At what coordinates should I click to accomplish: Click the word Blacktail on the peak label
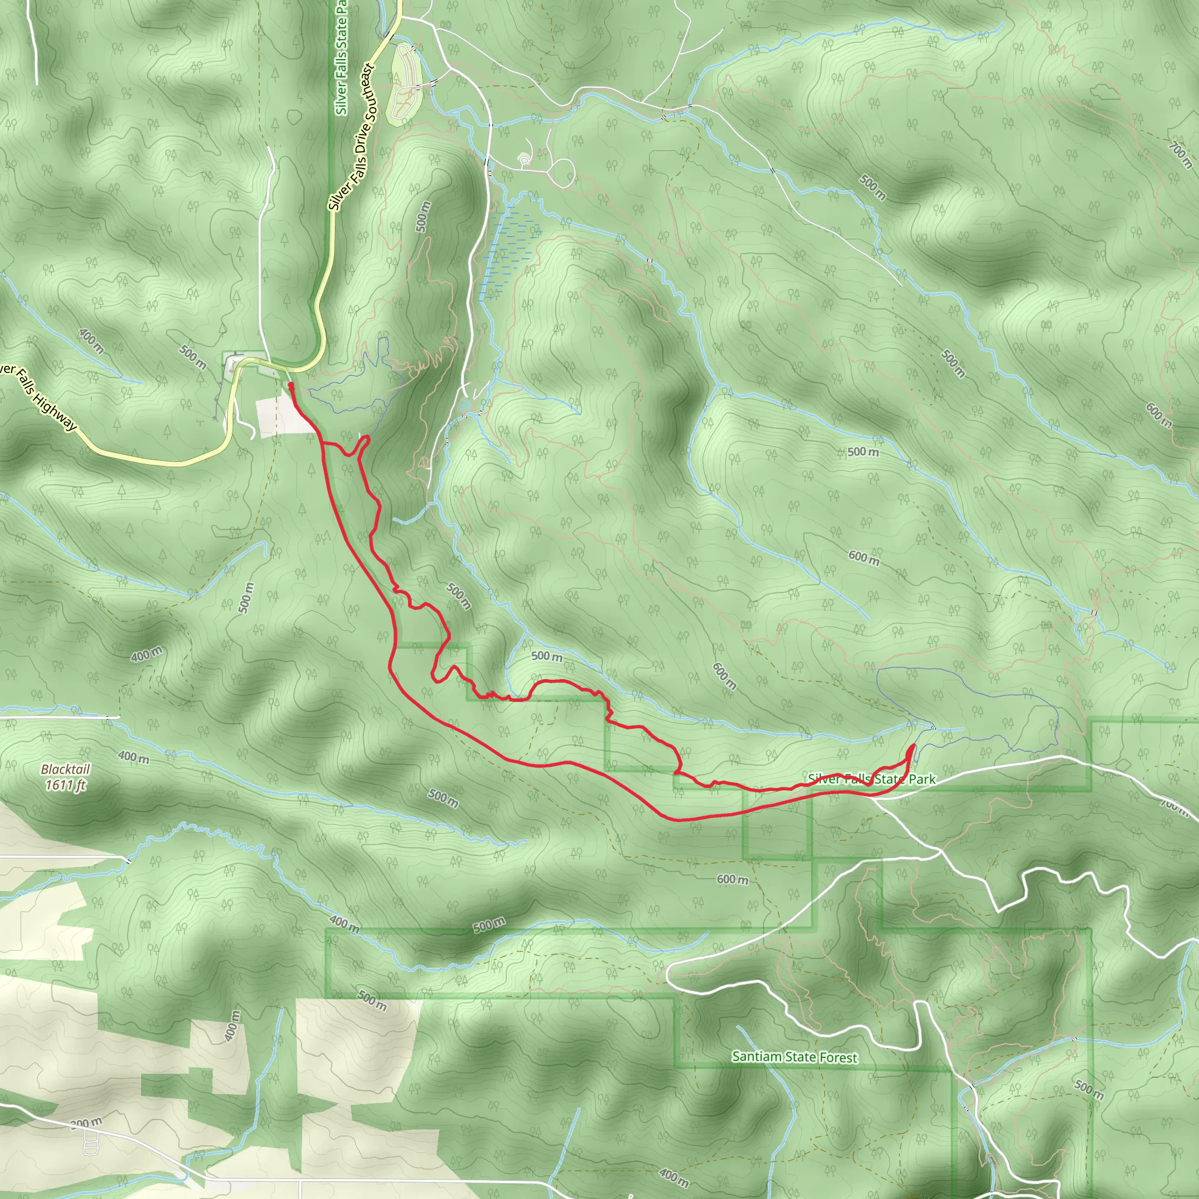pos(66,769)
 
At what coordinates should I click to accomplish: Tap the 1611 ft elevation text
pos(65,785)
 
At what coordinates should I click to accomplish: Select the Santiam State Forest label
pos(794,1056)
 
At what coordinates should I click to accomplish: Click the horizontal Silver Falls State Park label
pos(871,779)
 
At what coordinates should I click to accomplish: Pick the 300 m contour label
pos(87,1122)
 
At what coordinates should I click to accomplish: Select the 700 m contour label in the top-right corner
pos(1180,154)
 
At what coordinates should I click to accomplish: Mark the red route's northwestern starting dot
pos(291,385)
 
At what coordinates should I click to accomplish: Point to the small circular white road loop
pos(562,171)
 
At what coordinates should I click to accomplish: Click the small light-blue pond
pos(465,405)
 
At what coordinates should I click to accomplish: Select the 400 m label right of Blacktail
pos(133,757)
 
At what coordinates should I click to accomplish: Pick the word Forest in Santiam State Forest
pos(838,1057)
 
